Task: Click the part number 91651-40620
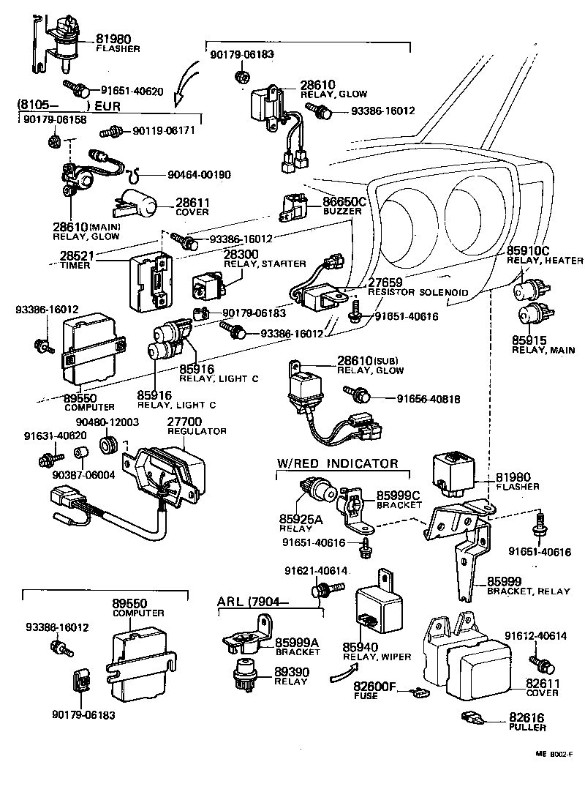click(132, 91)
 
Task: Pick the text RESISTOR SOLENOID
click(418, 292)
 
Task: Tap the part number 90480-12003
click(107, 422)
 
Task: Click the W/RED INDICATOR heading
click(338, 463)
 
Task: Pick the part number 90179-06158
click(55, 119)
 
